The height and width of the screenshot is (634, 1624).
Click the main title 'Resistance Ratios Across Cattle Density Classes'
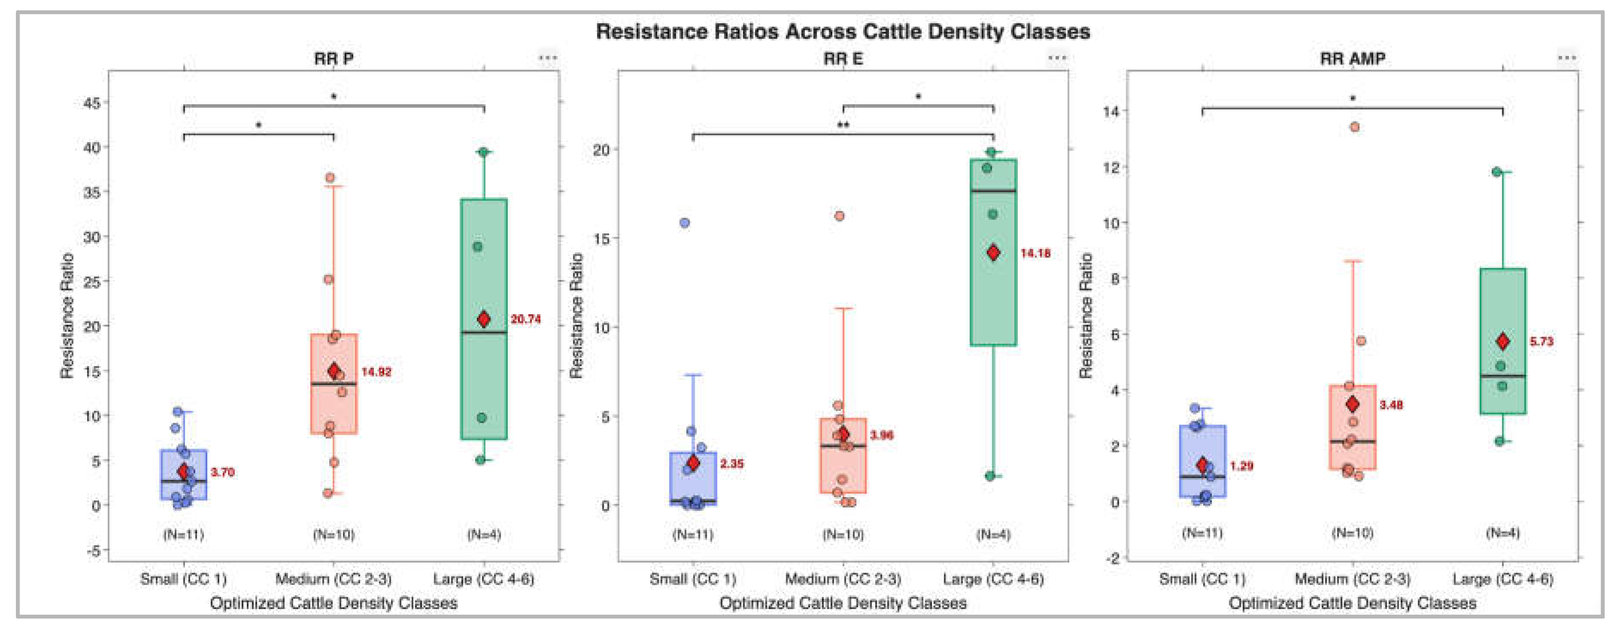(843, 31)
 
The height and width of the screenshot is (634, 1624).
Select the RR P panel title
(333, 59)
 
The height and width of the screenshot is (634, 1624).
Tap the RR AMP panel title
(1352, 59)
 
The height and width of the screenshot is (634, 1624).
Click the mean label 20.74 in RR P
(526, 319)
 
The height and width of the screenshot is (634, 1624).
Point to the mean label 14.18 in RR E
(1035, 253)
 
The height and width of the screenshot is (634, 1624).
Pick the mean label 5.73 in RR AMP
(1542, 341)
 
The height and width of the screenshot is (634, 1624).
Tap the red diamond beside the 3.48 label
(1352, 404)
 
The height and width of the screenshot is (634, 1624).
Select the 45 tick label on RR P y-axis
(92, 103)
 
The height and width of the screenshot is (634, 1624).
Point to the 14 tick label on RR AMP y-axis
(1111, 112)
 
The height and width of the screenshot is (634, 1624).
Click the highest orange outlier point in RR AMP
(1354, 127)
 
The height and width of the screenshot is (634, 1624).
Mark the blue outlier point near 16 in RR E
(685, 223)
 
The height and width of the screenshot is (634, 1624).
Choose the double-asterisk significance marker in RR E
(843, 125)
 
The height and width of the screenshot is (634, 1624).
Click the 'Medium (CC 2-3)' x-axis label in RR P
(333, 579)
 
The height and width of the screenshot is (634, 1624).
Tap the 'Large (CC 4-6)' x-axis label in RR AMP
(1503, 579)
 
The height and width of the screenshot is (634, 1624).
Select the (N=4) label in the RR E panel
(994, 534)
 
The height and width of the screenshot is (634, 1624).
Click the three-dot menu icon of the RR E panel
(1057, 58)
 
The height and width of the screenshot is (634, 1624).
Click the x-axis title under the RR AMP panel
(1352, 603)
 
